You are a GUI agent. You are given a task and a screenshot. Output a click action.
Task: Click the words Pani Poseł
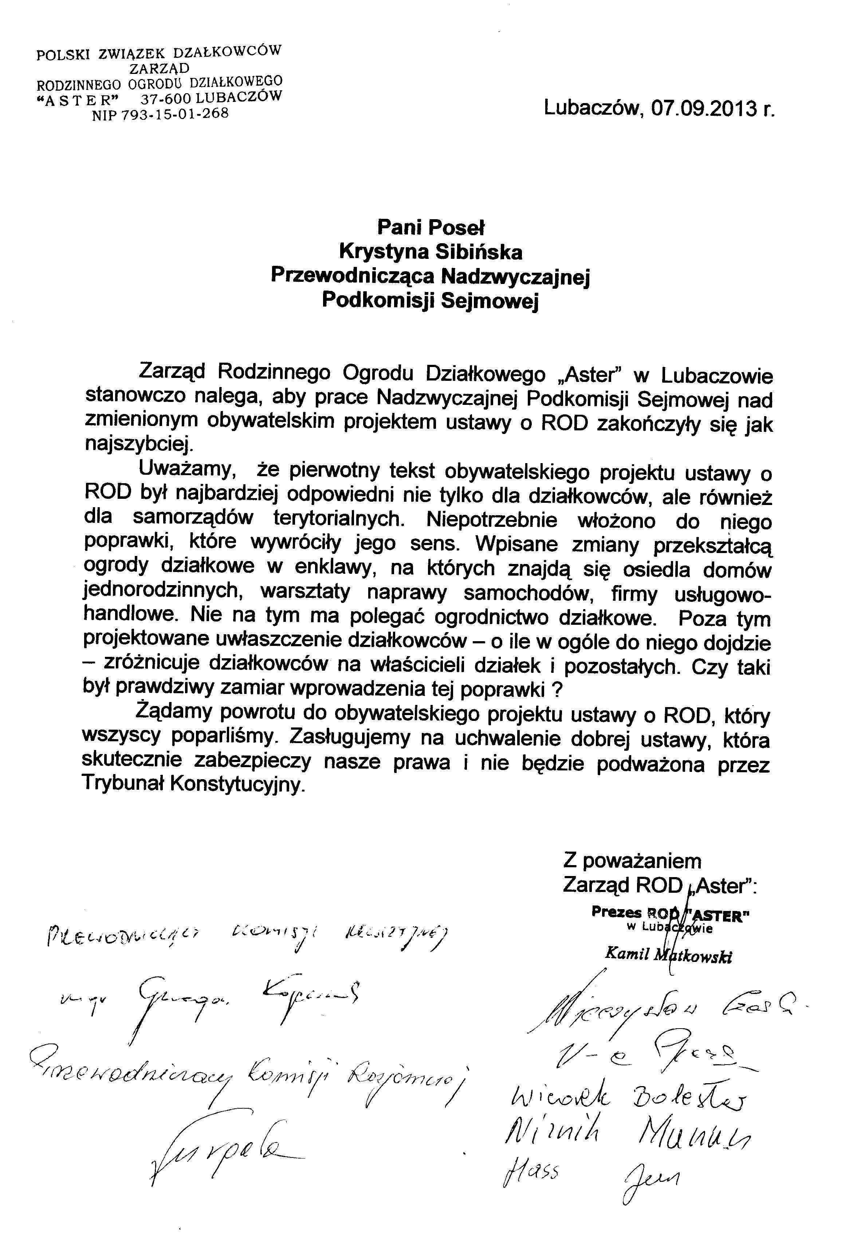click(431, 228)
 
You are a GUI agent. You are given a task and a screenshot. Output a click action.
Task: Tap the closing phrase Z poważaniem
click(632, 860)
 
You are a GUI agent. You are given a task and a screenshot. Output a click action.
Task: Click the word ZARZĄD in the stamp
click(159, 67)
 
